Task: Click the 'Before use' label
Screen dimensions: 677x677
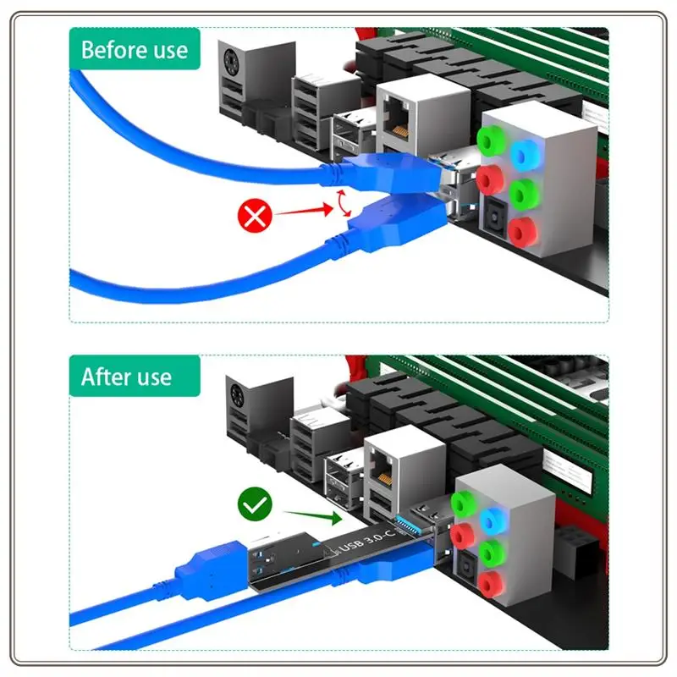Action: click(135, 49)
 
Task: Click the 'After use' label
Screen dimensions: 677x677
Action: click(126, 377)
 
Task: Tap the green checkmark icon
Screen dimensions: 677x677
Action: click(254, 507)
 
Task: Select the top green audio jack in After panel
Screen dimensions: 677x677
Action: click(461, 503)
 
